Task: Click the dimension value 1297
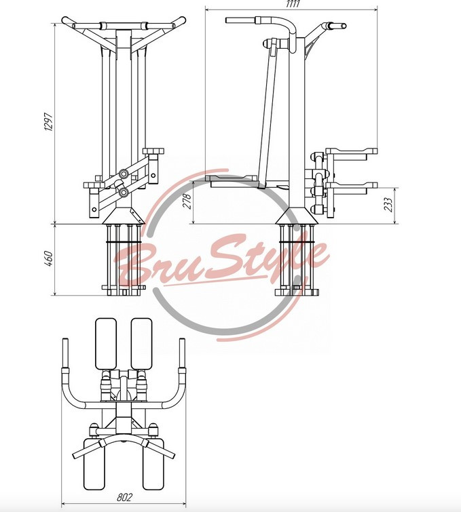pos(48,122)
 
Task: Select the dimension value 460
pos(48,258)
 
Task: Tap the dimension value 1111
pos(293,4)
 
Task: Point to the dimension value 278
pos(187,201)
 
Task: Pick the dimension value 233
pos(388,205)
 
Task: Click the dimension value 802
pos(124,497)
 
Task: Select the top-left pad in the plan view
pos(106,344)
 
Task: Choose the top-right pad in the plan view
pos(142,344)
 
